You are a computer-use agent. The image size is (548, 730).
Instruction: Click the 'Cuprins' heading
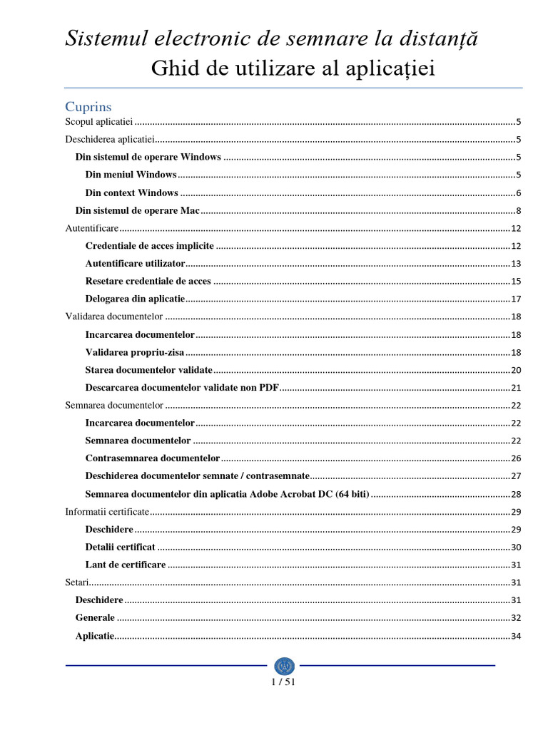pos(88,106)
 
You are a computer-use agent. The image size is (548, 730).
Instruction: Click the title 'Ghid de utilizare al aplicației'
pos(293,69)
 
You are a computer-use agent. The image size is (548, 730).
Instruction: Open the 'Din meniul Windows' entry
pos(131,175)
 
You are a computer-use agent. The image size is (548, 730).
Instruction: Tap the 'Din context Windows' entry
pos(131,192)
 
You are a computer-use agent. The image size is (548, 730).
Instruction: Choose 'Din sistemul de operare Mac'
pos(137,210)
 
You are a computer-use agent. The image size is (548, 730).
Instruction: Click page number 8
pos(519,211)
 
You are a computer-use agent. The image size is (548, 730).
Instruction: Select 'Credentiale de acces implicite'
pos(149,246)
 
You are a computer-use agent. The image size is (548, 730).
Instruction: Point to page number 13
pos(516,264)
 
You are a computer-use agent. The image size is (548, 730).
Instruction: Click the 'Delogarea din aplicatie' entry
pos(135,299)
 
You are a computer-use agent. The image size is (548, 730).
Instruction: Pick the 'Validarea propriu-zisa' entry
pos(134,352)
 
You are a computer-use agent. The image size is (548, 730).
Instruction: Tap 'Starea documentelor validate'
pos(148,370)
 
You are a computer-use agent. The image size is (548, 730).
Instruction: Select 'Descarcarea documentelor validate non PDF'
pos(182,388)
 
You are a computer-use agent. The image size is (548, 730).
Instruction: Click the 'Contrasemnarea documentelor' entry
pos(152,458)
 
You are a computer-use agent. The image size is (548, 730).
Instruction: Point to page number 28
pos(516,494)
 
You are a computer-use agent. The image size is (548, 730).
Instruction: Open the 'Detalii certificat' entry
pos(120,547)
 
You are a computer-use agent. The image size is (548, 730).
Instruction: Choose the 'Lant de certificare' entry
pos(125,565)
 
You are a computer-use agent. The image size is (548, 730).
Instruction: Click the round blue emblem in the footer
pos(284,666)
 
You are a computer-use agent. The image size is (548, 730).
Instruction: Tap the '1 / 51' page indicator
pos(283,682)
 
